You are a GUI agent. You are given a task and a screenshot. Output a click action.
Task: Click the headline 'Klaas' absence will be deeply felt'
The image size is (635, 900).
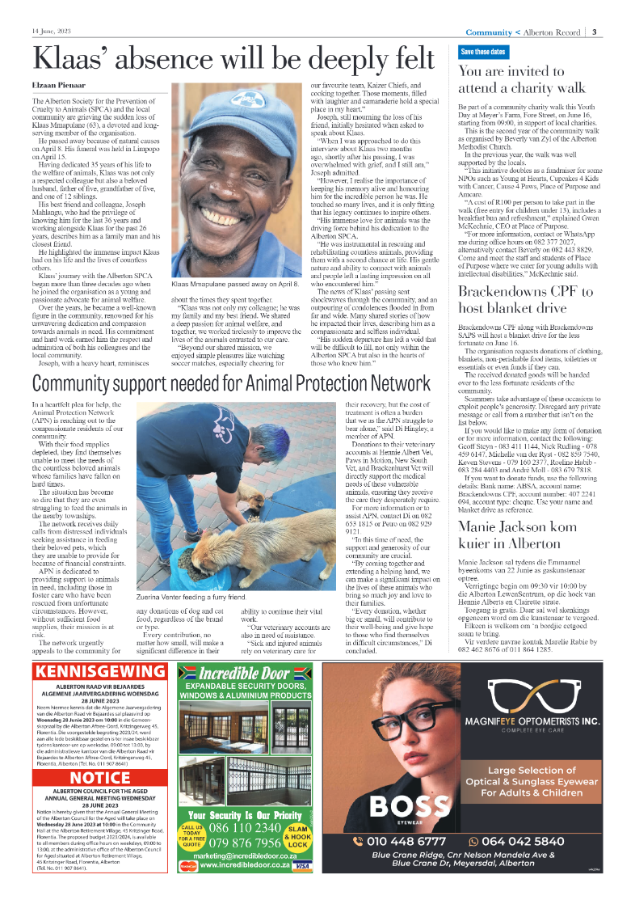click(x=233, y=60)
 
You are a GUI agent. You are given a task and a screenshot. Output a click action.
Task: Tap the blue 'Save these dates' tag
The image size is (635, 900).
click(x=482, y=52)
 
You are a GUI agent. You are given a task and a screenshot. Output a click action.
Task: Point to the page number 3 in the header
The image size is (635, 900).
click(x=594, y=32)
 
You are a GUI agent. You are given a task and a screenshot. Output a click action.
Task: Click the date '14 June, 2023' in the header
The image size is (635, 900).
click(x=53, y=32)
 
